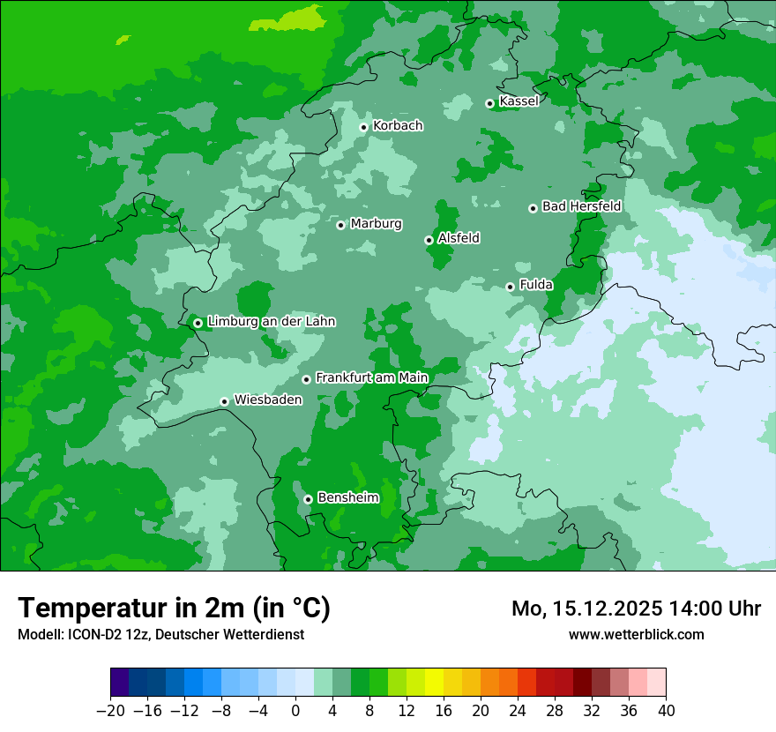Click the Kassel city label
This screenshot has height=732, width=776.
[519, 101]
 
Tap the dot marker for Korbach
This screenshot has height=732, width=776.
[363, 127]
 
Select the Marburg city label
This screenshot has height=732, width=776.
[376, 224]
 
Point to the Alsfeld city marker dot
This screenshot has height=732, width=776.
[429, 240]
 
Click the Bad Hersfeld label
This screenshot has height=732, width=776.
[581, 206]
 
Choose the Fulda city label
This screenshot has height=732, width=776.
[536, 285]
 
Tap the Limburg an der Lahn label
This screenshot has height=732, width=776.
[271, 322]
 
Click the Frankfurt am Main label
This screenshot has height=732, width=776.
[371, 377]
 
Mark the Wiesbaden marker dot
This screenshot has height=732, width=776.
[225, 401]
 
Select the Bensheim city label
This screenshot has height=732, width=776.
[347, 497]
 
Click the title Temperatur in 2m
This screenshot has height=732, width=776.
[174, 608]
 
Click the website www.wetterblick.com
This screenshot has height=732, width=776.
[636, 634]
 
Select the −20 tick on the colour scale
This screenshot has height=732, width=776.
[110, 711]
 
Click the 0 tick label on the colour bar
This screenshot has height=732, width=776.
[295, 711]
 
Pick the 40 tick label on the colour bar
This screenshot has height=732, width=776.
[666, 711]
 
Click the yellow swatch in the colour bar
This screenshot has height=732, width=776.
[434, 683]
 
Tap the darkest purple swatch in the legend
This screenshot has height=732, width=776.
[119, 683]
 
